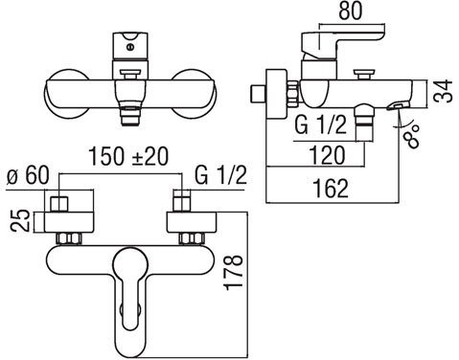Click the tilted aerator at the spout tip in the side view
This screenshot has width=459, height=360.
point(394,115)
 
